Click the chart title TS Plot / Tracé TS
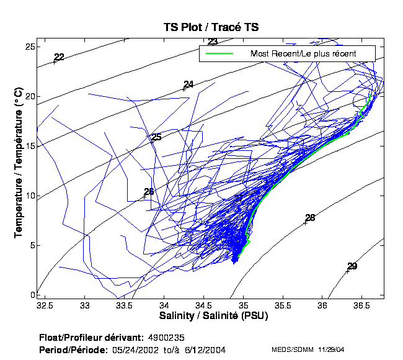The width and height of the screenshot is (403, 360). click(x=211, y=27)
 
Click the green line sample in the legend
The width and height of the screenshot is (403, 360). click(x=218, y=53)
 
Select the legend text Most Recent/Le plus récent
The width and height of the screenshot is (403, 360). click(x=303, y=53)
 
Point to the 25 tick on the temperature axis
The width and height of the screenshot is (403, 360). click(x=29, y=47)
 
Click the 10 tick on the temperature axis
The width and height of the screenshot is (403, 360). click(x=29, y=196)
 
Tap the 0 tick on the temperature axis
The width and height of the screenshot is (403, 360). click(x=31, y=295)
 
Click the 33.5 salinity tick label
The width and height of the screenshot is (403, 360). click(x=124, y=305)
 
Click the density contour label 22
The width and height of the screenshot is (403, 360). click(x=59, y=58)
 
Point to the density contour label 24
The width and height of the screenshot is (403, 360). click(x=188, y=84)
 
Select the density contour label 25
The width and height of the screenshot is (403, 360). click(x=156, y=137)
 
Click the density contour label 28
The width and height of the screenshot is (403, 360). click(x=310, y=218)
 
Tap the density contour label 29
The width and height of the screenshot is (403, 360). click(x=352, y=266)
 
